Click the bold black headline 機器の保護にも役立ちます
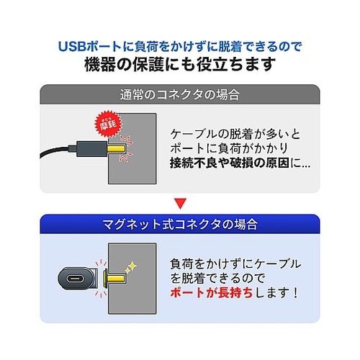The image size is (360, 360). tap(179, 66)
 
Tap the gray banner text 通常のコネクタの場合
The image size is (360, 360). tap(179, 94)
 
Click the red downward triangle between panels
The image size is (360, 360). tap(179, 204)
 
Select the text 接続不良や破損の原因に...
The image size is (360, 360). tap(239, 163)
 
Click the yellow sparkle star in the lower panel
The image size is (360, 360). tap(132, 268)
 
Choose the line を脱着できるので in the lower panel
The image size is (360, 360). tap(220, 278)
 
